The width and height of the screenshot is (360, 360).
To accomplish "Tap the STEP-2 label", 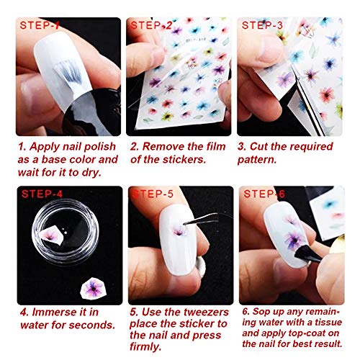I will coord(151,26).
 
